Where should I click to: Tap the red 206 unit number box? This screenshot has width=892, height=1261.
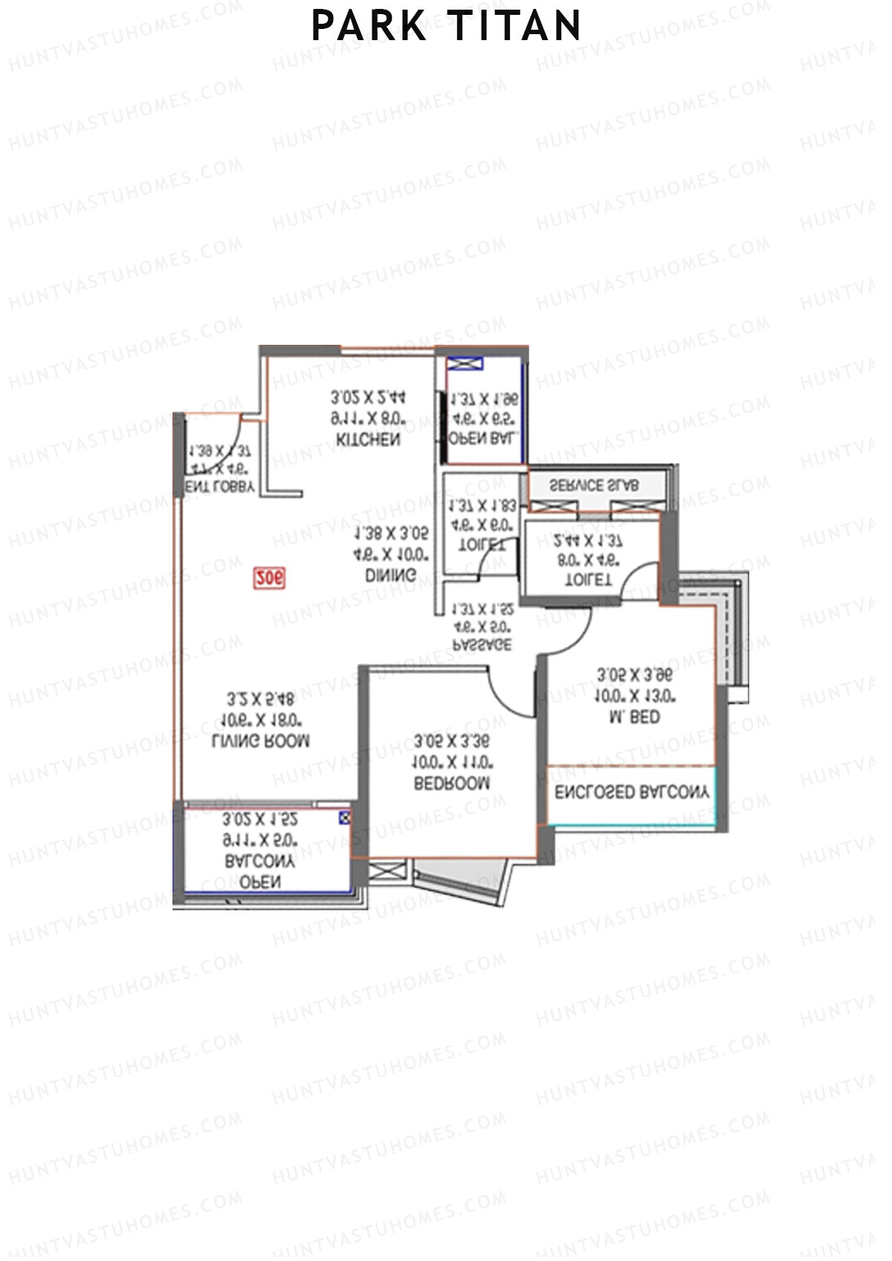(269, 577)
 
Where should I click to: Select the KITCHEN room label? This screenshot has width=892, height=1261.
(368, 439)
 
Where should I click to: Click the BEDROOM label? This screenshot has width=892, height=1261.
(452, 782)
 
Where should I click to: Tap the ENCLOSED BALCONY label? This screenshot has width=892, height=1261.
(632, 792)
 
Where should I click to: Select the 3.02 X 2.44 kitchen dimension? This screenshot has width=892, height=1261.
(369, 398)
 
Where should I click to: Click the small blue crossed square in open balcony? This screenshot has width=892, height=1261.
(343, 818)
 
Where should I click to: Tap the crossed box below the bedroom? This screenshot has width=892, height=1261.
(388, 872)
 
